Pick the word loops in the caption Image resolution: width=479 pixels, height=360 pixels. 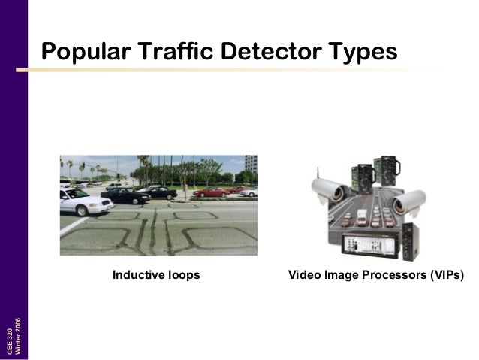click(x=185, y=275)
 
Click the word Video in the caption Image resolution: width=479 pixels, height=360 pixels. click(x=303, y=275)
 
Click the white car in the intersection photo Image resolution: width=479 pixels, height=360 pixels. click(x=84, y=201)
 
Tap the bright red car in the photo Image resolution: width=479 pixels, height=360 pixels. click(x=211, y=192)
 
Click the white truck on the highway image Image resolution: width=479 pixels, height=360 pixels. click(x=362, y=217)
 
